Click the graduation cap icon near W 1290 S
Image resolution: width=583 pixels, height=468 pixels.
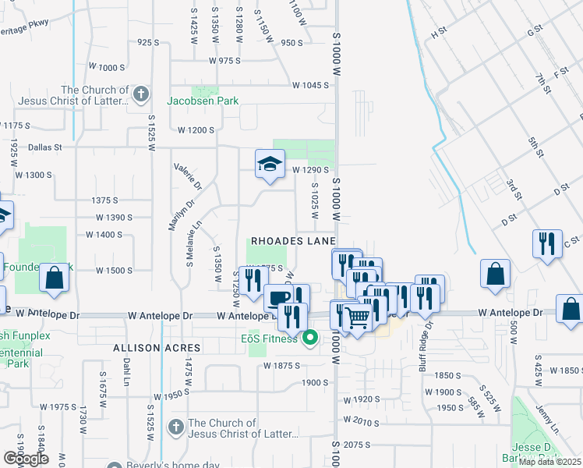[269, 164]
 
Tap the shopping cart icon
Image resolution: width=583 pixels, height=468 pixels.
[356, 317]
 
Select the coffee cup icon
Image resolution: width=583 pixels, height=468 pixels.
[277, 297]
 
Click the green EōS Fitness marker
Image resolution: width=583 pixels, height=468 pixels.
[310, 338]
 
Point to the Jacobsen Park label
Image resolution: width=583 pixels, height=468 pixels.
[203, 101]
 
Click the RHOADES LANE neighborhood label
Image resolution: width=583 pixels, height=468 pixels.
[292, 242]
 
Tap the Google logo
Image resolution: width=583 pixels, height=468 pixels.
[25, 459]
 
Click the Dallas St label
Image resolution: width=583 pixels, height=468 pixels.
[44, 147]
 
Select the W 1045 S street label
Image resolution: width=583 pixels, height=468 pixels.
[310, 85]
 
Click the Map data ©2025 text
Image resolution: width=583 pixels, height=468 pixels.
[549, 461]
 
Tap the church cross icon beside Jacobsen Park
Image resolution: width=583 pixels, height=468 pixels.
[140, 95]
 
